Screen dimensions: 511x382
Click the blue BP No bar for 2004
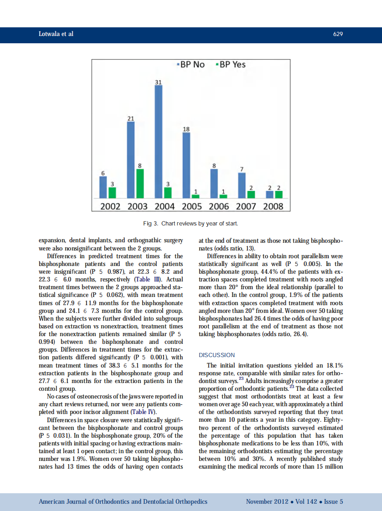pos(159,141)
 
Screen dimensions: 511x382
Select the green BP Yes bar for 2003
pos(140,184)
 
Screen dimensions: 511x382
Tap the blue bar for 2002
pos(103,187)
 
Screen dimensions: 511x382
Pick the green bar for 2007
pos(251,194)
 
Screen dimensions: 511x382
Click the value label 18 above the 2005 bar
pos(186,129)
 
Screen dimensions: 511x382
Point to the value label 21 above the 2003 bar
pos(130,118)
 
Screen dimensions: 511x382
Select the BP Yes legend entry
pos(230,65)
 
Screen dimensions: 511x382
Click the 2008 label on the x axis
pos(273,206)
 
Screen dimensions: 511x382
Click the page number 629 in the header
pos(338,34)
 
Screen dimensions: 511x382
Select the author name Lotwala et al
pos(56,34)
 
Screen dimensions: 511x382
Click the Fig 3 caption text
pos(191,224)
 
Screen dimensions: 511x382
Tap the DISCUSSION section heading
pos(217,355)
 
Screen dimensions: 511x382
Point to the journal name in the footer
pos(123,501)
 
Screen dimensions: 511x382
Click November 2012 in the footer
pos(267,501)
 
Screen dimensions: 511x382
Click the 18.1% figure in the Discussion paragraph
pos(333,365)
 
